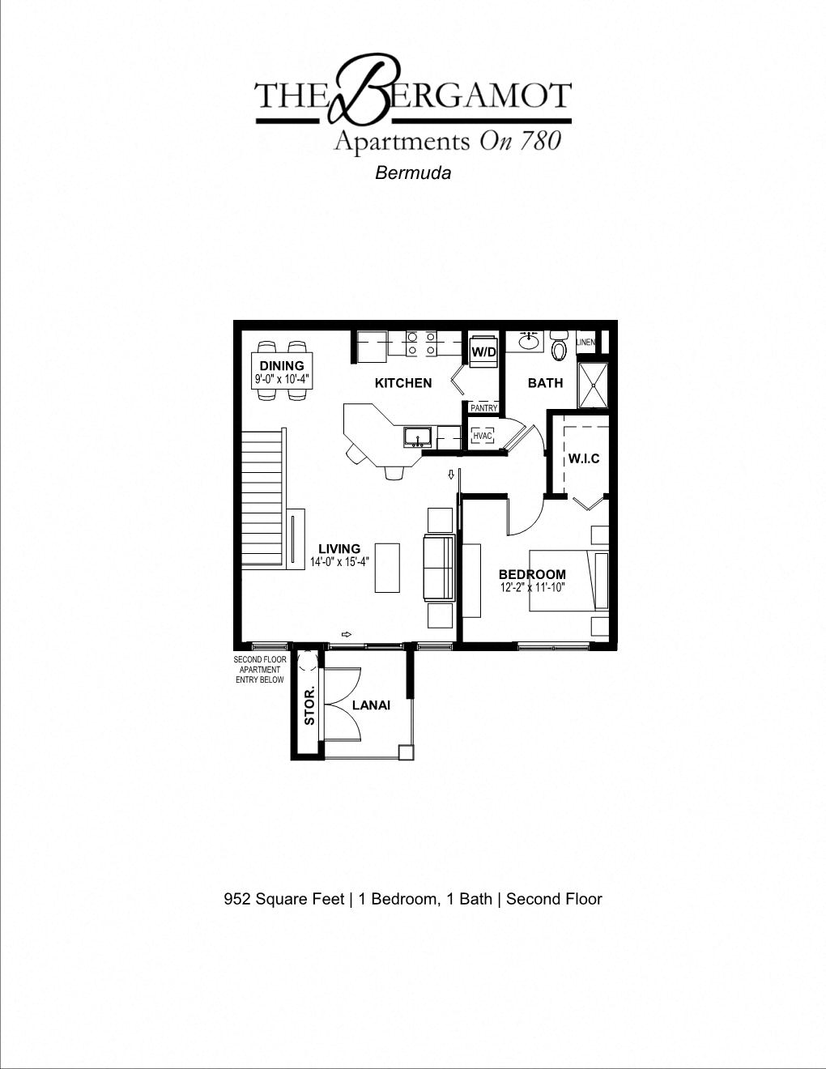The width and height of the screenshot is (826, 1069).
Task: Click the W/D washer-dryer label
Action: click(483, 352)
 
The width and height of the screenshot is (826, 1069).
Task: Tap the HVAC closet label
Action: click(483, 437)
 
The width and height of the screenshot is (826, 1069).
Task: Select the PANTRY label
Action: click(483, 408)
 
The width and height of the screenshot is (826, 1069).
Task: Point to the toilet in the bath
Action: click(559, 347)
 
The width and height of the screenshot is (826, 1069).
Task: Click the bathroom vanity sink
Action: click(530, 341)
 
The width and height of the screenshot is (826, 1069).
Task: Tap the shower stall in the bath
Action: click(592, 385)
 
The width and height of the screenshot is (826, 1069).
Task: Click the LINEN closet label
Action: click(585, 343)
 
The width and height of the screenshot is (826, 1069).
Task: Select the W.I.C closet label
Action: click(584, 458)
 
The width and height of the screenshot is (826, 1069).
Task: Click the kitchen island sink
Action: click(418, 437)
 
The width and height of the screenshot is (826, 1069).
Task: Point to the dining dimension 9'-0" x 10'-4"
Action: click(282, 378)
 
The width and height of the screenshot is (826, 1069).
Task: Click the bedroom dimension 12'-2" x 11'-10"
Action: click(532, 588)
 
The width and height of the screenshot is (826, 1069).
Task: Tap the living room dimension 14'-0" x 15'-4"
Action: click(339, 562)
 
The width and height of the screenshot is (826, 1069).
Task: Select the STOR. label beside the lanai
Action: click(309, 706)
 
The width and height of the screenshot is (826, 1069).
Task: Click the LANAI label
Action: click(371, 705)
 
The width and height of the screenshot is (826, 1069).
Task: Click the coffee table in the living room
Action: click(387, 568)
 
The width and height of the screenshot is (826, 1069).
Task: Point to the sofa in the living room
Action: click(439, 568)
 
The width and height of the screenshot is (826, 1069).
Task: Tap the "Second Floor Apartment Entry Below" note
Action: click(260, 670)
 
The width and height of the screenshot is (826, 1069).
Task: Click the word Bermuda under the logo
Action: click(413, 172)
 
